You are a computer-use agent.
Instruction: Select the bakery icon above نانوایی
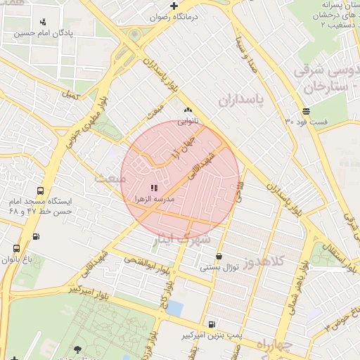[x=187, y=110]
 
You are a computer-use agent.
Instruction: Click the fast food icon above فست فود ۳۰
[x=306, y=112]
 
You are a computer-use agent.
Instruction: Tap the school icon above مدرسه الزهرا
[x=154, y=188]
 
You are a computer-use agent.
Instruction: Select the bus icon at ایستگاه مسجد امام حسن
[x=39, y=190]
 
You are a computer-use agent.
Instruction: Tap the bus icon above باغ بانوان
[x=16, y=248]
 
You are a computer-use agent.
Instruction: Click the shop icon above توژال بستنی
[x=219, y=256]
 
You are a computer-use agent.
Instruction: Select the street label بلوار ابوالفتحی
[x=148, y=264]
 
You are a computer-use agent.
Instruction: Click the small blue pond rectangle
[x=175, y=308]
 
